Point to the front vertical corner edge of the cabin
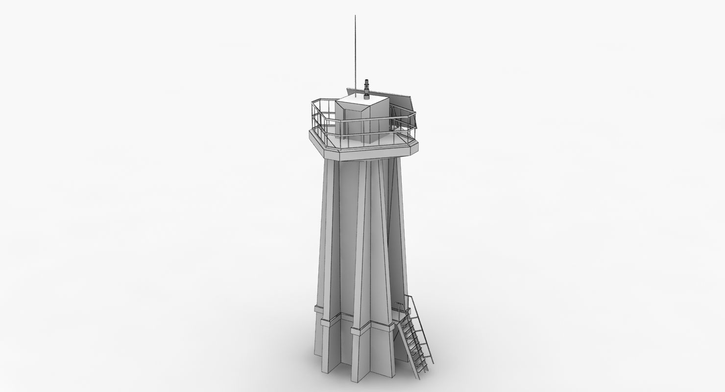pos(363,125)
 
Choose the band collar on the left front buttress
pos(320,311)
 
